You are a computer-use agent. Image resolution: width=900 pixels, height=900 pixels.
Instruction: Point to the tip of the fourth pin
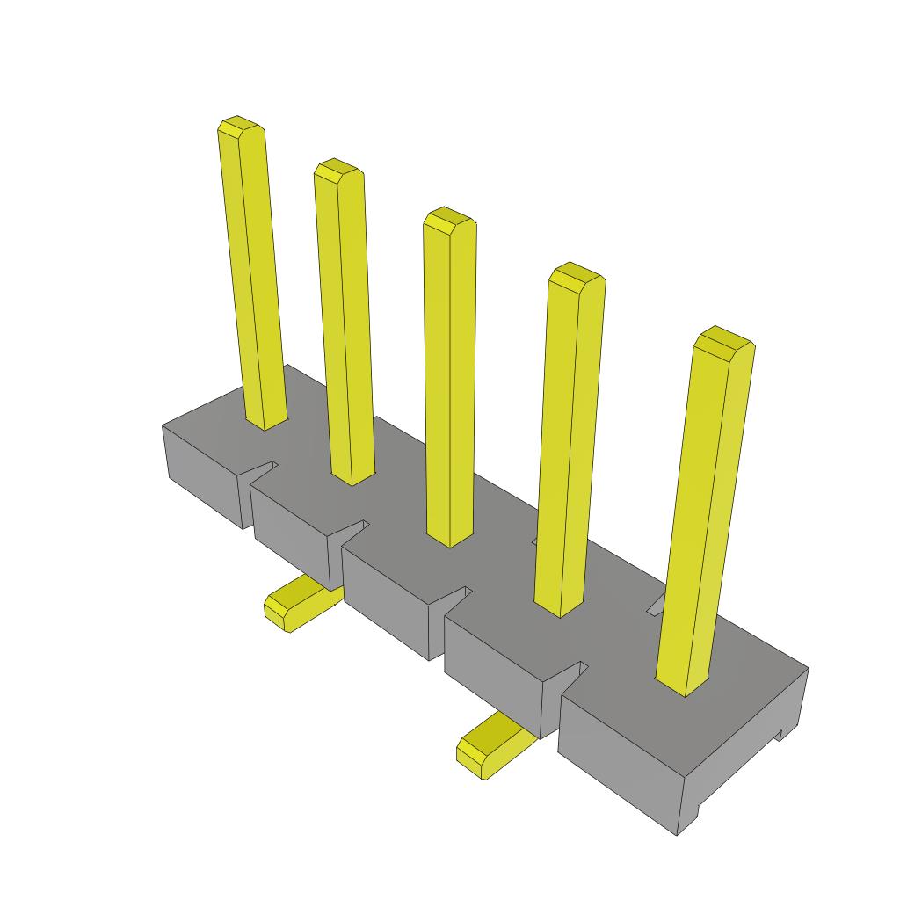[x=576, y=274]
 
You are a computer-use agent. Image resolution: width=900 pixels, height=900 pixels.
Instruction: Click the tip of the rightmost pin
[x=724, y=339]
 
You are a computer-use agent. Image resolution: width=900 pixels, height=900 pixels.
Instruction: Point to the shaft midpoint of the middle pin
[x=450, y=378]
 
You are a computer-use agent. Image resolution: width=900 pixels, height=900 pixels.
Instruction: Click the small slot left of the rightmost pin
[x=656, y=606]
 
